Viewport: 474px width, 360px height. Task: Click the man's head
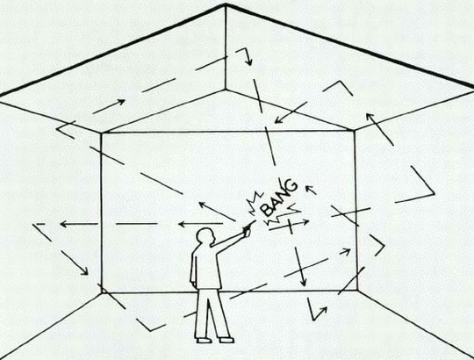tap(205, 237)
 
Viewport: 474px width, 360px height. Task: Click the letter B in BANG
tap(267, 210)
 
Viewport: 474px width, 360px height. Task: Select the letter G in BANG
tap(291, 185)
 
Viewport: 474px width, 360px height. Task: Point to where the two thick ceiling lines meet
tap(226, 4)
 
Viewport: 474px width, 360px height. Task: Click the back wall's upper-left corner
tap(101, 133)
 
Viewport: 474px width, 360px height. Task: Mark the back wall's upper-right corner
tap(355, 131)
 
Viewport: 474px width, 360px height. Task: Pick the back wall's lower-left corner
tap(102, 292)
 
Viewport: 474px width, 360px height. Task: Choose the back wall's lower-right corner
tap(357, 291)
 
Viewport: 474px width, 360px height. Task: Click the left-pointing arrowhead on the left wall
tap(63, 224)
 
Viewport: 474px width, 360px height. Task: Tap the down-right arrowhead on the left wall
tap(84, 271)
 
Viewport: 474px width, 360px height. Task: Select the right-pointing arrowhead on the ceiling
tap(121, 102)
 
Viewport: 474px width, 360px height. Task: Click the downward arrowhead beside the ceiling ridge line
tap(248, 61)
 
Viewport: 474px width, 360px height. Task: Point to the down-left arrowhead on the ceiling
tap(278, 120)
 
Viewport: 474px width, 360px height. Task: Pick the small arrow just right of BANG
tap(311, 190)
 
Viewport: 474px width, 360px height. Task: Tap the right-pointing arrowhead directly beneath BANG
tap(305, 222)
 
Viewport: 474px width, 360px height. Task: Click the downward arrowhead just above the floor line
tap(303, 283)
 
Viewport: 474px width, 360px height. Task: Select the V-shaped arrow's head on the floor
tap(324, 310)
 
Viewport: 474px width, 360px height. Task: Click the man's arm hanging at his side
tap(193, 268)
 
